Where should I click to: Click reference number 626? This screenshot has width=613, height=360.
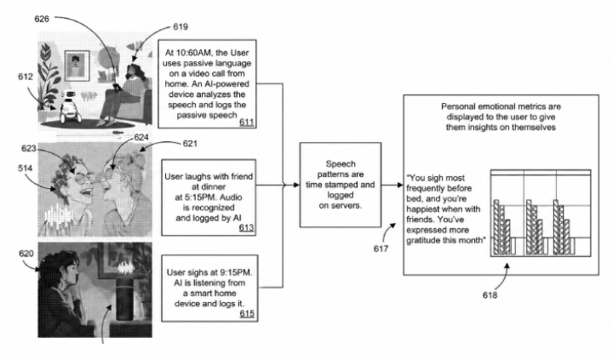coord(42,19)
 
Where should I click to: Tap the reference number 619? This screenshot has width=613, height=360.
coord(180,26)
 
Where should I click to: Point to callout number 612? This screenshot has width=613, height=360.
coord(26,77)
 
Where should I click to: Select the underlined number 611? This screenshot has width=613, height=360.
coord(247,122)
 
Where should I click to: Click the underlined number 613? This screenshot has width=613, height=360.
coord(246,227)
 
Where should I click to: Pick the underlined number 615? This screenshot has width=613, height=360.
coord(247,313)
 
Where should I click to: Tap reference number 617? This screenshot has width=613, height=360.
coord(381,249)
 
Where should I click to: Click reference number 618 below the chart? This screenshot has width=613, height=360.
coord(490,295)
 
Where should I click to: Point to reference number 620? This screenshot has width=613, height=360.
coord(26,254)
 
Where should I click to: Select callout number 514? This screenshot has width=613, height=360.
coord(25,168)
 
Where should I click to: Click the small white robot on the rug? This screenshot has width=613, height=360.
coord(70,106)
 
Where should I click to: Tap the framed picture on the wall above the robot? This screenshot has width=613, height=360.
coord(77,66)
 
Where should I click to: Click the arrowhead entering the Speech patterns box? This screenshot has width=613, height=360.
coord(297,185)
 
